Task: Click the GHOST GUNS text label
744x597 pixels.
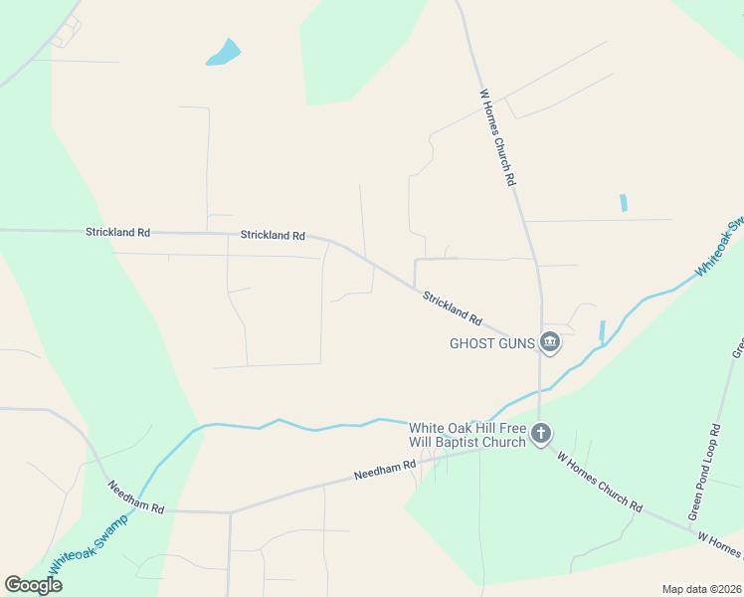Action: (491, 344)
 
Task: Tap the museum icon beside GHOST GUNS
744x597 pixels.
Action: (550, 343)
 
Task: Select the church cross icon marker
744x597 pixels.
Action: (540, 433)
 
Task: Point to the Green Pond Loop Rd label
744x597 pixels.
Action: (704, 473)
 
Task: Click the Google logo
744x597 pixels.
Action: (34, 584)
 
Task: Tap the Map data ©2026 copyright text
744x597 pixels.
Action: (701, 589)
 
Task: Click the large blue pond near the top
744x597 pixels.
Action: (225, 53)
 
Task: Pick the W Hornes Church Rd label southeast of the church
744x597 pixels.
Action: (600, 481)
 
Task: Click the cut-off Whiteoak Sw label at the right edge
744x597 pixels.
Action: (720, 247)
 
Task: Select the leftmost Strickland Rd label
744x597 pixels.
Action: (117, 232)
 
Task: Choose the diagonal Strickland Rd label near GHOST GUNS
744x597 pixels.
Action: (452, 309)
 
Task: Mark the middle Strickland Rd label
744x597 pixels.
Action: (273, 236)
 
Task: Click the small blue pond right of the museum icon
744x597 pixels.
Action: (603, 330)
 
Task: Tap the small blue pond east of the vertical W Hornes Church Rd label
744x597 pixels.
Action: (624, 202)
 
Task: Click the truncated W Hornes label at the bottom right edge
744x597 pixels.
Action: (720, 543)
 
